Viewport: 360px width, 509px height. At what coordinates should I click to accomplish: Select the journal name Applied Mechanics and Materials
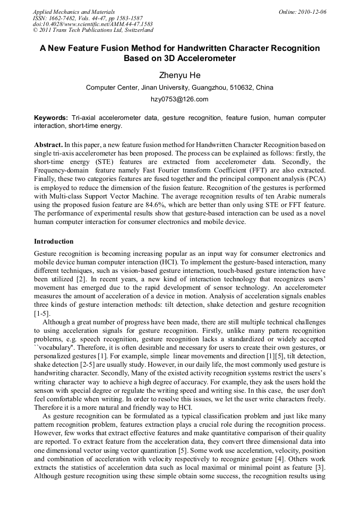[x=74, y=12]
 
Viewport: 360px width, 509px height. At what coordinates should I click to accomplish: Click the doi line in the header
[x=93, y=24]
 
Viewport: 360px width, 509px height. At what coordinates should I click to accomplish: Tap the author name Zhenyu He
[x=179, y=75]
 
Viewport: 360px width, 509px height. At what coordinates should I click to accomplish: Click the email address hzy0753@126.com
[x=179, y=99]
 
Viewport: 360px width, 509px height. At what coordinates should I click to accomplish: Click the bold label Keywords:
[x=51, y=117]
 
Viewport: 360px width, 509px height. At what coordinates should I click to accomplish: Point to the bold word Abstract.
[x=48, y=144]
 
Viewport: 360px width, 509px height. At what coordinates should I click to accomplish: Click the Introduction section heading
[x=54, y=241]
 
